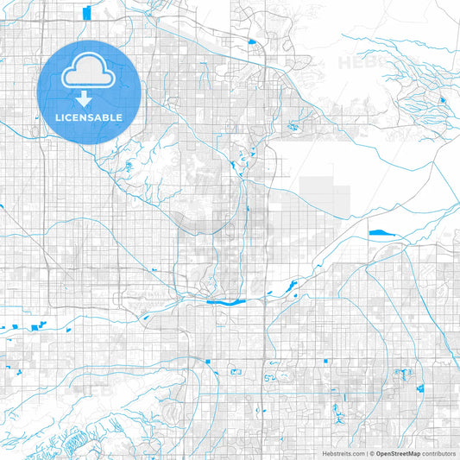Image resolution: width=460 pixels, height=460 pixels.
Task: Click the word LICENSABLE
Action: (x=90, y=117)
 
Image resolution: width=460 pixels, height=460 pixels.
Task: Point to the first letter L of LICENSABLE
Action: (x=59, y=117)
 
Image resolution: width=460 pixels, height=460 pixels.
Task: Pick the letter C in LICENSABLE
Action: (x=72, y=117)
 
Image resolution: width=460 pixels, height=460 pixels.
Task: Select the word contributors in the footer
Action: (x=438, y=453)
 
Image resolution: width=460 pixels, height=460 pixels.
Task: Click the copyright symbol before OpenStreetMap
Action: (x=371, y=453)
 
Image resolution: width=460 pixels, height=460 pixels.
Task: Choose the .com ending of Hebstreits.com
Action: (x=356, y=453)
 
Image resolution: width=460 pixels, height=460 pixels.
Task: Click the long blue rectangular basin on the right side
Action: (x=380, y=232)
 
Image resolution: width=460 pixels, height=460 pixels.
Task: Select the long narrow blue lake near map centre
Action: (x=226, y=302)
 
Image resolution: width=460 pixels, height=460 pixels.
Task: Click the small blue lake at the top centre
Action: (x=251, y=41)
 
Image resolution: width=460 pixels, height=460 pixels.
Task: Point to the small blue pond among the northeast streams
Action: (x=442, y=100)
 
